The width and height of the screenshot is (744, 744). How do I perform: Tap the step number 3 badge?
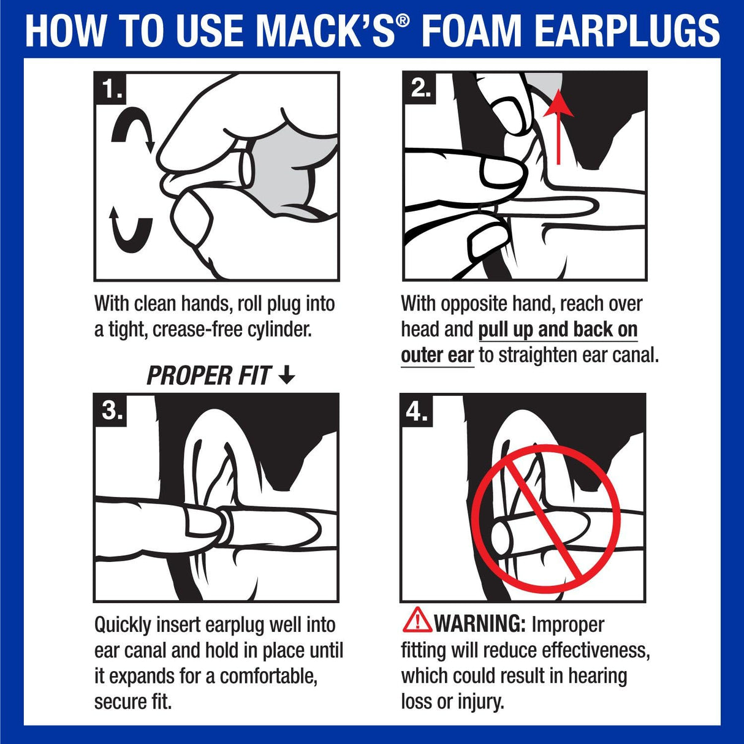click(x=112, y=410)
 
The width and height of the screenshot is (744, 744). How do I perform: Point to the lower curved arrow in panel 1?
click(x=131, y=230)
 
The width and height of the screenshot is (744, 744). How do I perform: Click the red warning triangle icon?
click(x=417, y=620)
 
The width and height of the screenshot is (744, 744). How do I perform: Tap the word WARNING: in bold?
click(x=480, y=624)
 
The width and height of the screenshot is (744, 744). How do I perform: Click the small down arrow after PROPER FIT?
click(x=286, y=375)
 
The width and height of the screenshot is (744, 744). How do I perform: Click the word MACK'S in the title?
click(x=325, y=31)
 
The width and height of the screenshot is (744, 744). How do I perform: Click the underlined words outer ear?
click(x=437, y=355)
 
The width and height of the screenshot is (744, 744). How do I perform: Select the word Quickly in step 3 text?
click(x=123, y=625)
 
